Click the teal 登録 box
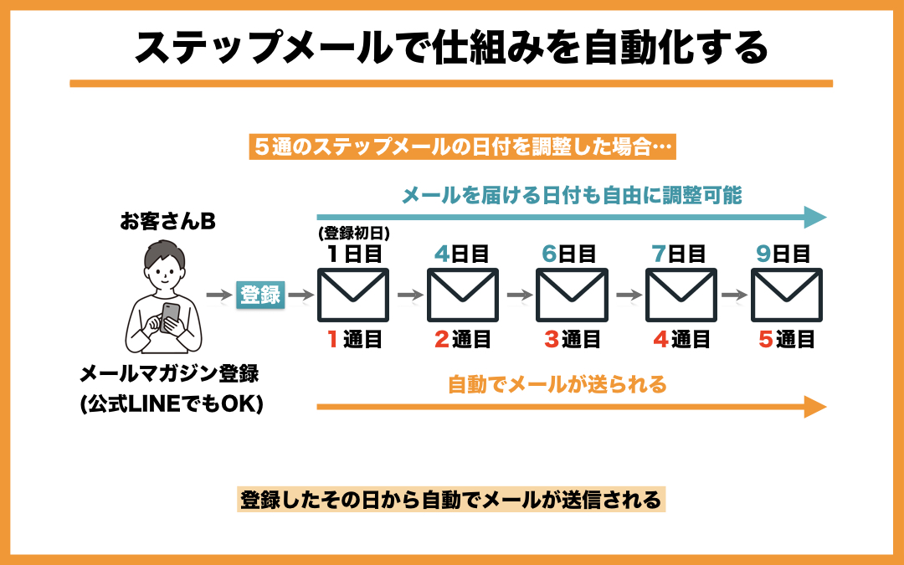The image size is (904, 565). (261, 295)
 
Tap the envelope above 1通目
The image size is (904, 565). (352, 295)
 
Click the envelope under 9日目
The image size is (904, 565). (786, 295)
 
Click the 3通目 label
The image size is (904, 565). (572, 340)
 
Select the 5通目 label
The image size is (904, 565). (786, 340)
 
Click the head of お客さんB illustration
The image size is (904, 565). (165, 266)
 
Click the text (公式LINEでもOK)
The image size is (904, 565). (172, 406)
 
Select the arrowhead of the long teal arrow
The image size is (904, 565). (814, 218)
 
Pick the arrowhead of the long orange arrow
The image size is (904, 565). (814, 407)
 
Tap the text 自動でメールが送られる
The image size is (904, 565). (557, 385)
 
